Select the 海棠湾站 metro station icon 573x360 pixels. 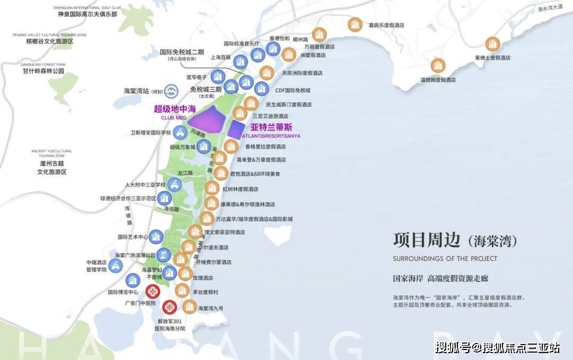(x=171, y=91)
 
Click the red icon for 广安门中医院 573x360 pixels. (x=153, y=291)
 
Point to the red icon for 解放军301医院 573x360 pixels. (x=170, y=306)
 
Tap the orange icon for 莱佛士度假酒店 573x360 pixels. (x=493, y=45)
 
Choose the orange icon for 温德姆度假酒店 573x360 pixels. (x=438, y=66)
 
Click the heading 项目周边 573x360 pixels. (x=426, y=240)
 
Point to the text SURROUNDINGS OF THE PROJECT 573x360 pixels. (x=445, y=258)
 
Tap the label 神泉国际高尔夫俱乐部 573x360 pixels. (x=88, y=14)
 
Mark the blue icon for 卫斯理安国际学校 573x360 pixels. (x=181, y=131)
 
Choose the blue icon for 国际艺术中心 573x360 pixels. (x=155, y=237)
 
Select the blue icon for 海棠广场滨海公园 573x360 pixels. (x=165, y=254)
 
